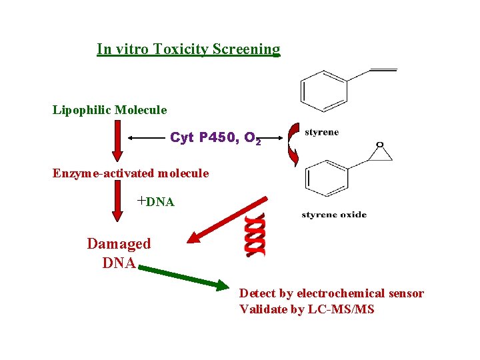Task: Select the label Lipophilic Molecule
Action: point(110,109)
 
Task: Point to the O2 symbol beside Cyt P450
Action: point(252,139)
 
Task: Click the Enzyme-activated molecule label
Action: point(131,173)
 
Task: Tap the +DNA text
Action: point(155,201)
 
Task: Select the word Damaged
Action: point(119,244)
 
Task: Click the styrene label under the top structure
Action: point(321,132)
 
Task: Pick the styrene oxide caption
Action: point(334,215)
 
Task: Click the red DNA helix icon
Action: point(255,235)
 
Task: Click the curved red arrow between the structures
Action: point(292,143)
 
